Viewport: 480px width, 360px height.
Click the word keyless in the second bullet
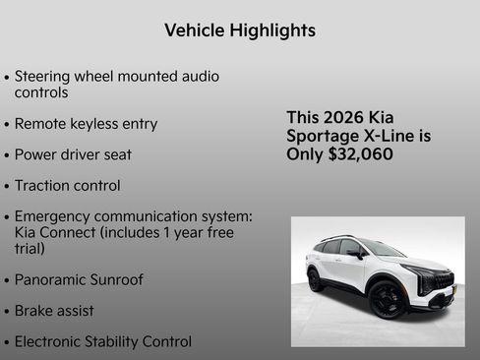point(95,124)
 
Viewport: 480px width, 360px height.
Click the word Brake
point(36,310)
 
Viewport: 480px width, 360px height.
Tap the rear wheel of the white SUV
point(316,279)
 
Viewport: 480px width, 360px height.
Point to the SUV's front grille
point(443,283)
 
